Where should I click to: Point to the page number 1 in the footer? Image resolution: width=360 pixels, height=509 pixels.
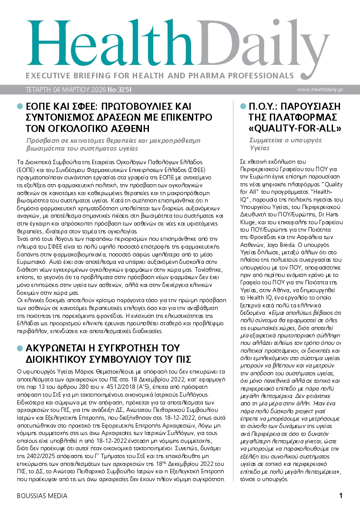click(x=341, y=496)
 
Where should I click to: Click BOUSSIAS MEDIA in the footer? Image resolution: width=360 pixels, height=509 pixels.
click(x=42, y=496)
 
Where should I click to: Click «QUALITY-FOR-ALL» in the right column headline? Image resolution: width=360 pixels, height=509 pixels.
click(x=295, y=128)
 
